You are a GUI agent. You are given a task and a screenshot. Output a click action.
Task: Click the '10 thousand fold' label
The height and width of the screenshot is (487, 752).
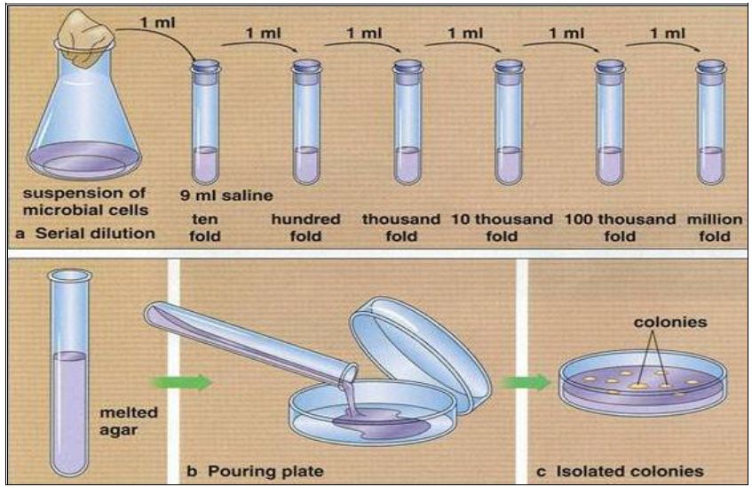pyautogui.click(x=502, y=228)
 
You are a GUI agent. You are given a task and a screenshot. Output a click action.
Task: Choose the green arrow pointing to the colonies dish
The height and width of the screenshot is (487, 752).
pyautogui.click(x=531, y=382)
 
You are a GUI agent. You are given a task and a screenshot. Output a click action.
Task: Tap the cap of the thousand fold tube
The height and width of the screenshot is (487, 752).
pyautogui.click(x=408, y=66)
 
